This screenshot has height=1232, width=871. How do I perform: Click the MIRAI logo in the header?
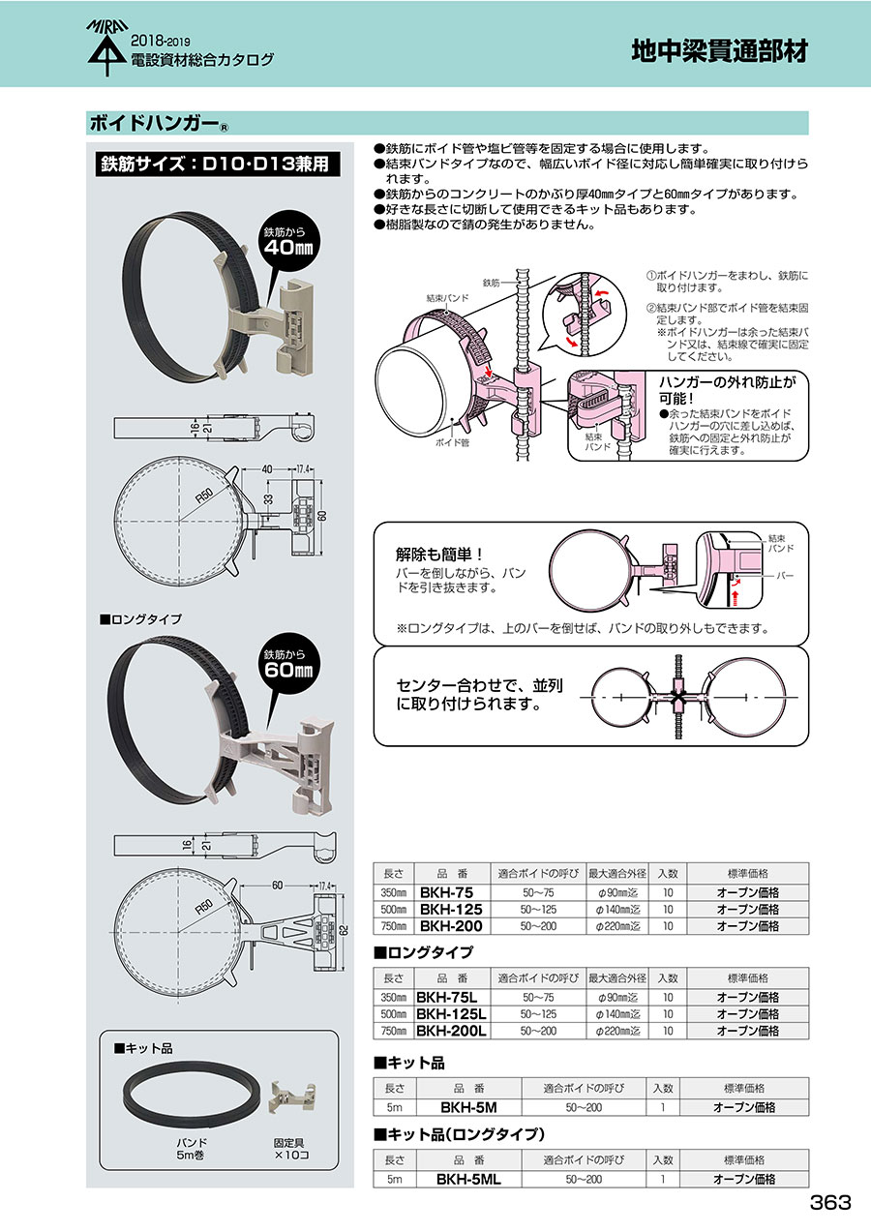pos(107,47)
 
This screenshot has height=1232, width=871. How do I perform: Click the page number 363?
pos(829,1202)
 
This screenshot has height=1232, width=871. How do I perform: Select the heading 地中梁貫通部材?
pos(719,51)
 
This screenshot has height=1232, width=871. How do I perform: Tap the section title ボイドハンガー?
pos(155,123)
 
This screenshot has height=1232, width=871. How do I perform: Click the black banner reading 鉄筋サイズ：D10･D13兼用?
pos(218,164)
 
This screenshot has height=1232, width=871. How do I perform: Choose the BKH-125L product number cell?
pos(451,1013)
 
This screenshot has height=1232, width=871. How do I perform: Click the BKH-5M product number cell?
pos(468,1107)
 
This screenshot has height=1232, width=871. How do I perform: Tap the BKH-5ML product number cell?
pos(468,1179)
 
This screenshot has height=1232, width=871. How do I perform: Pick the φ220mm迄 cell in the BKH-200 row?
pos(617,926)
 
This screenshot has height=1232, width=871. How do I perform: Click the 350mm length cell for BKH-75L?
pos(393,997)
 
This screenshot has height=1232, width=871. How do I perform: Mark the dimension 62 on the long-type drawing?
pos(345,930)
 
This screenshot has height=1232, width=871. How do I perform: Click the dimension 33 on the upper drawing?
pos(268,499)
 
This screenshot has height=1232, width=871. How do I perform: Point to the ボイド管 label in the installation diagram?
pos(453,442)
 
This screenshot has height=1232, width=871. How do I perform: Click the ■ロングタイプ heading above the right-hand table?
pos(423,952)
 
